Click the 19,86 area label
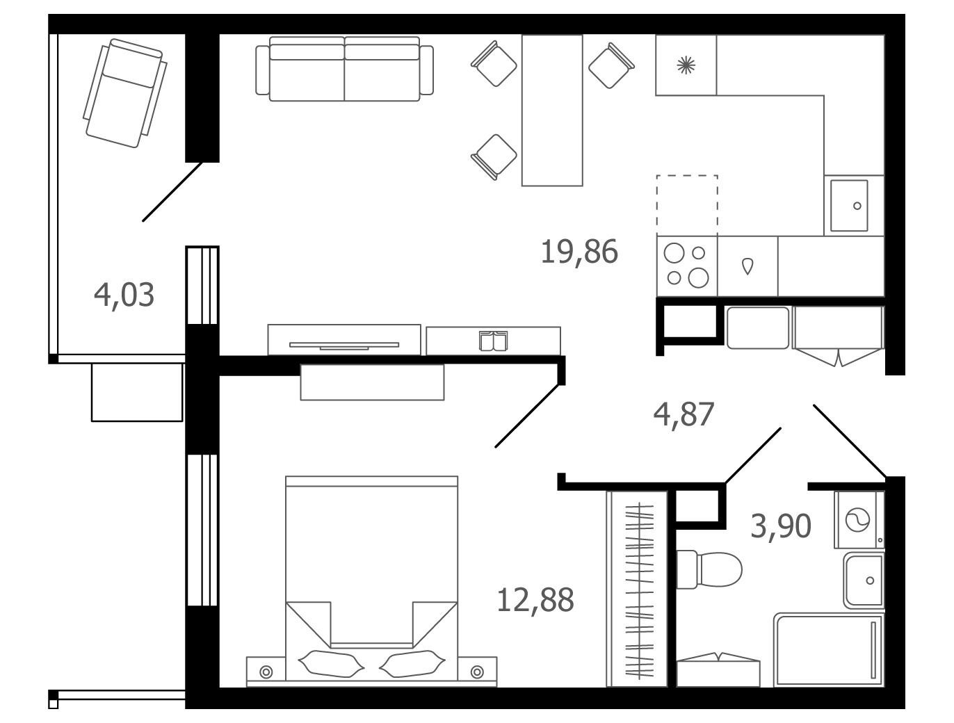pos(579,252)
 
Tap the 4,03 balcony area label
pos(124,295)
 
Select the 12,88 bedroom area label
pos(535,601)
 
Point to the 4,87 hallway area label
pos(684,415)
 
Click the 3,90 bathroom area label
pos(781,526)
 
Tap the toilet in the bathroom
pos(709,569)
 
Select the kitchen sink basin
pos(849,206)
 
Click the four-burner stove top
pos(687,266)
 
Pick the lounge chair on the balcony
pos(124,93)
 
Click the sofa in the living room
pos(344,69)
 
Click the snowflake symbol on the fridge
pos(686,65)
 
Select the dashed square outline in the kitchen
pos(687,206)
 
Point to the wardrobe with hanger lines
pos(637,589)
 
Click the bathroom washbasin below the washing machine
pos(864,581)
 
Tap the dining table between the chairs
pos(552,111)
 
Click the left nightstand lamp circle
pos(266,672)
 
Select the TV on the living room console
pos(343,346)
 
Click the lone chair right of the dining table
pos(611,65)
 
